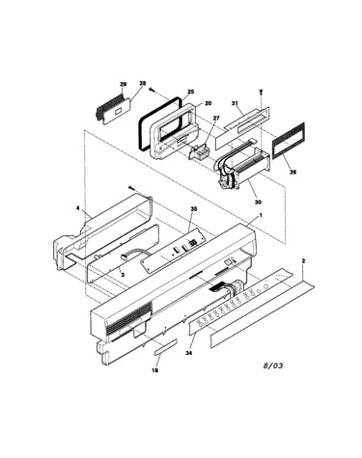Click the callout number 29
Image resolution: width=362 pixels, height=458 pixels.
(123, 84)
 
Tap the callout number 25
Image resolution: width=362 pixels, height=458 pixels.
(191, 92)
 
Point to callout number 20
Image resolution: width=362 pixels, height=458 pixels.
(209, 103)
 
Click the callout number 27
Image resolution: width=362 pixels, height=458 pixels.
(216, 118)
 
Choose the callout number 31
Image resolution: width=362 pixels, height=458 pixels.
(235, 103)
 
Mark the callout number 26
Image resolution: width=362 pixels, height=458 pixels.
(292, 172)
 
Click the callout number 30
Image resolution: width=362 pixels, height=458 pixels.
(258, 202)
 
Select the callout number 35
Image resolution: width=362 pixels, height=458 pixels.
(194, 209)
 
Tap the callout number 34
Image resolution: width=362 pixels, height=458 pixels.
(189, 353)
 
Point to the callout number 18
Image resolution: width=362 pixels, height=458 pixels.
(155, 370)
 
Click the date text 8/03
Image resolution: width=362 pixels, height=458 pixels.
(273, 365)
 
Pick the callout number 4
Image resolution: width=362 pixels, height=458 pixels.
(78, 208)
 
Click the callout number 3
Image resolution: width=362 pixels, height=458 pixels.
(123, 275)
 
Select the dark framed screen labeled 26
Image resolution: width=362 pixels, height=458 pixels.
(289, 141)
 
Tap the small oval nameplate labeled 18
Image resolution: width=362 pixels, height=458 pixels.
(165, 346)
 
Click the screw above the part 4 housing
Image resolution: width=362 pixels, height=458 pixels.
(130, 188)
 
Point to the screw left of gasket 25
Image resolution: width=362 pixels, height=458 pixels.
(152, 90)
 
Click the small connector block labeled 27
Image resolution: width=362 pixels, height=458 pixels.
(197, 151)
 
